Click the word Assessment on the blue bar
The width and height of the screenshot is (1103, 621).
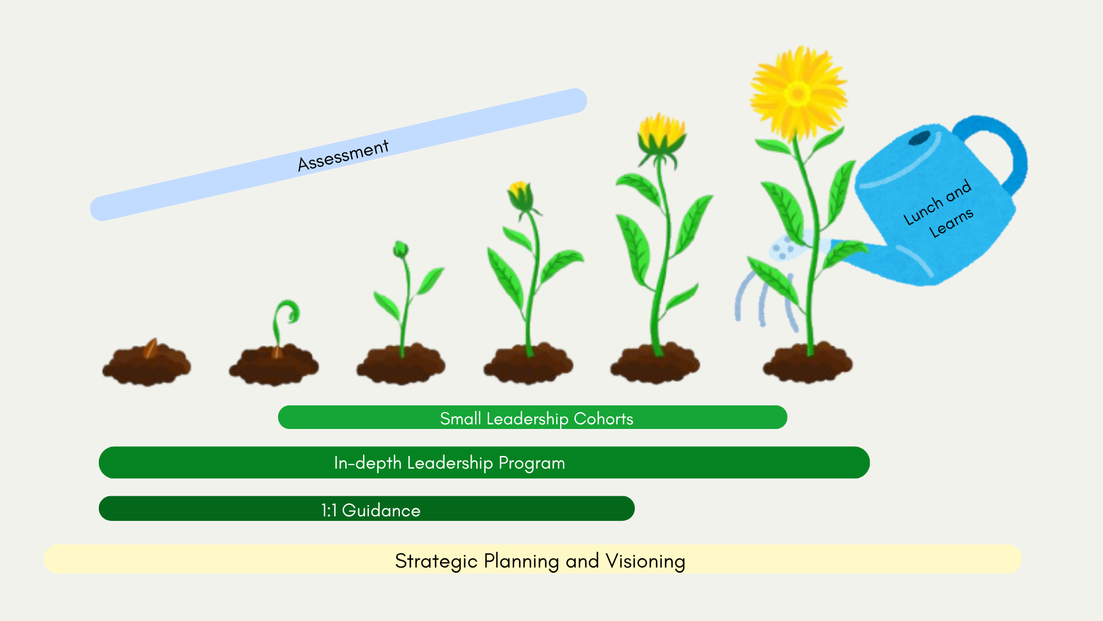[x=343, y=155]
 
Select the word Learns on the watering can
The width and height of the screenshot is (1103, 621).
[x=951, y=223]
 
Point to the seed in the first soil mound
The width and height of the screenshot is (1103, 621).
[x=151, y=348]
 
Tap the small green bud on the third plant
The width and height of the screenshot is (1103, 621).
[x=400, y=250]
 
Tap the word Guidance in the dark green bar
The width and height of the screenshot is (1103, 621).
[x=381, y=511]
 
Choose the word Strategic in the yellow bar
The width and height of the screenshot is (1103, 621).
[x=436, y=561]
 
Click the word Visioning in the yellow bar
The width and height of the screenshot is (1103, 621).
[x=645, y=561]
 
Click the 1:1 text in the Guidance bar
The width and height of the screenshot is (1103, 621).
[x=329, y=511]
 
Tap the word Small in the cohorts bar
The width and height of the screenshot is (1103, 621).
[x=460, y=419]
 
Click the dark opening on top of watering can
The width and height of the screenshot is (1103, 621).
[x=919, y=138]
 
